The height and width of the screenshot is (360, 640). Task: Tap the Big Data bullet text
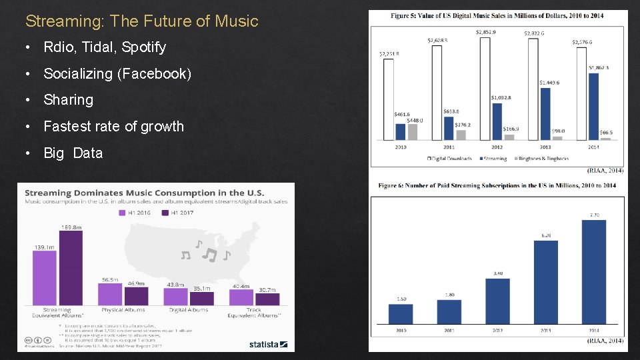click(x=73, y=153)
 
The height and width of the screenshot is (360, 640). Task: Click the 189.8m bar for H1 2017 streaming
click(x=71, y=267)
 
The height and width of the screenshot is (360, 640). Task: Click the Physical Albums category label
click(x=123, y=310)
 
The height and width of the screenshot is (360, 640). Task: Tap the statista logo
click(x=268, y=345)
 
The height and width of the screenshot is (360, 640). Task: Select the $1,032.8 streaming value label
click(x=501, y=98)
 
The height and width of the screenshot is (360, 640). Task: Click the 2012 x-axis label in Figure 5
click(x=497, y=147)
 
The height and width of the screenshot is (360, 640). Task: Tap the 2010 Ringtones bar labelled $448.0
click(x=413, y=131)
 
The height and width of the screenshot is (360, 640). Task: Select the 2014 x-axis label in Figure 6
click(x=593, y=330)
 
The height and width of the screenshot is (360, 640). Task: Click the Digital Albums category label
click(x=189, y=310)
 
